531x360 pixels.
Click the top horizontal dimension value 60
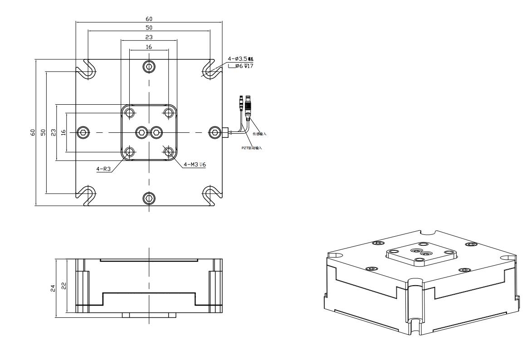(149, 19)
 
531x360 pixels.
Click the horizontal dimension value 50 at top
(149, 28)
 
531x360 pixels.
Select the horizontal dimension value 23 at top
(149, 37)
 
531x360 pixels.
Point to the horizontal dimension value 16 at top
(149, 46)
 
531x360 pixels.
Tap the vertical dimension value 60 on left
(33, 132)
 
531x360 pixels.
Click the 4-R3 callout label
(103, 169)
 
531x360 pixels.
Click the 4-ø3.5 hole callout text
(240, 59)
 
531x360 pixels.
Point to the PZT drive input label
(252, 148)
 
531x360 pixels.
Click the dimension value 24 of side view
(53, 287)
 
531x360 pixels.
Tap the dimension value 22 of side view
(64, 286)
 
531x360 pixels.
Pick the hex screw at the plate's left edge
(83, 132)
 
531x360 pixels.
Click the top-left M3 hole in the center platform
(130, 112)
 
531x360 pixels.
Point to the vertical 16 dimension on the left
(64, 132)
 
